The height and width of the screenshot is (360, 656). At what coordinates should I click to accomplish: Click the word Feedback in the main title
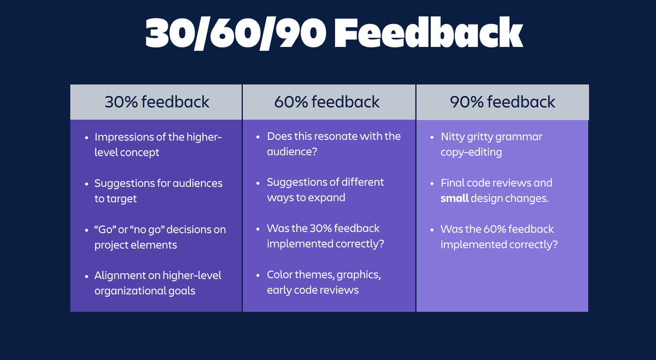[x=429, y=32]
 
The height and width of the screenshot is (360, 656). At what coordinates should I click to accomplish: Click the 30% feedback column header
[x=157, y=102]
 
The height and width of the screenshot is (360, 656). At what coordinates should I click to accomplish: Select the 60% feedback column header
[x=327, y=102]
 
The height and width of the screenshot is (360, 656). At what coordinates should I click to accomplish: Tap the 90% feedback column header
[x=502, y=102]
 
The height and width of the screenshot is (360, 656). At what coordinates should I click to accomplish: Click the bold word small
[x=454, y=198]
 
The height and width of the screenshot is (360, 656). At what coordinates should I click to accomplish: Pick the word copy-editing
[x=471, y=152]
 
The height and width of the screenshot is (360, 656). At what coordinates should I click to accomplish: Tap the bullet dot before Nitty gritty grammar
[x=432, y=138]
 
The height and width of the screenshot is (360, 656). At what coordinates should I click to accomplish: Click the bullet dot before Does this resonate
[x=258, y=137]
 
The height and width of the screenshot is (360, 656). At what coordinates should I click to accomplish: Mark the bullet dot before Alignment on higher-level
[x=86, y=276]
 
